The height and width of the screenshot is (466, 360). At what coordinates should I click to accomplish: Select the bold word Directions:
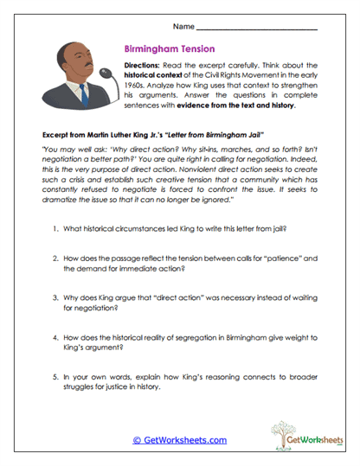click(x=145, y=66)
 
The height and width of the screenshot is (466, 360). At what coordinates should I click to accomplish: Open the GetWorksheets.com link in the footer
click(x=179, y=440)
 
